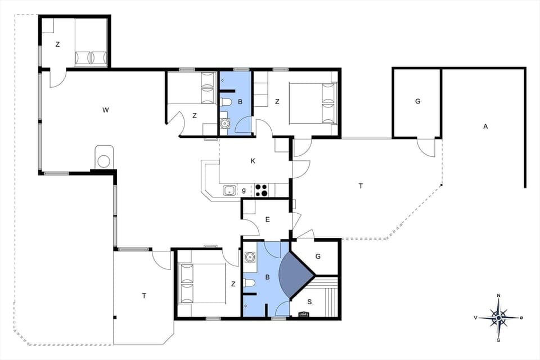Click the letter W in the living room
click(x=105, y=110)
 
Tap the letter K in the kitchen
click(x=253, y=161)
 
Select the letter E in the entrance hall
click(x=267, y=219)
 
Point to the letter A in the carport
click(x=485, y=127)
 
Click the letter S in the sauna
click(x=309, y=301)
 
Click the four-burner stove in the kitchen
click(x=262, y=190)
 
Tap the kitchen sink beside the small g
click(x=229, y=190)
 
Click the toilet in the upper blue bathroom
click(x=226, y=102)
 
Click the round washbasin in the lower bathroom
click(x=250, y=258)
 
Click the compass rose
click(x=498, y=318)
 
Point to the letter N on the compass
click(x=498, y=296)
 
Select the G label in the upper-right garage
click(x=417, y=102)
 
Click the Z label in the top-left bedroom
click(x=57, y=44)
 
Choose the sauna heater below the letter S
click(x=304, y=314)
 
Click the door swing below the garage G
click(x=426, y=147)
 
